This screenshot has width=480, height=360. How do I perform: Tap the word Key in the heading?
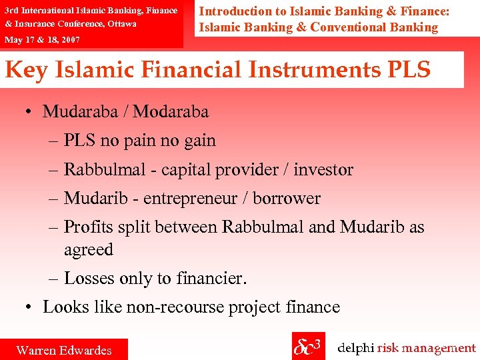click(x=26, y=70)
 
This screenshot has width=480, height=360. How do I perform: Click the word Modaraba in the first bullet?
click(x=171, y=111)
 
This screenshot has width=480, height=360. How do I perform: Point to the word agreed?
click(x=89, y=250)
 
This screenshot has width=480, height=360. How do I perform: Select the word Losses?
click(x=91, y=279)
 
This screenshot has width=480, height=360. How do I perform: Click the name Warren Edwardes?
click(x=64, y=350)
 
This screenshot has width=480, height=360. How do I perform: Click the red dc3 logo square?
click(x=308, y=346)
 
